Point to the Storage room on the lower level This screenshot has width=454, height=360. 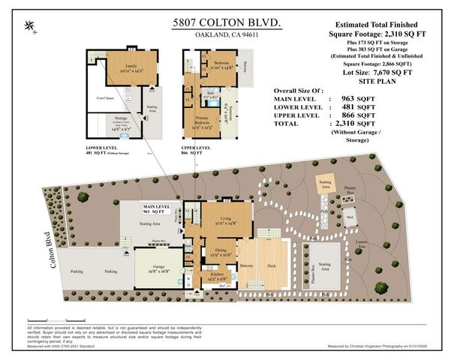pos(119,128)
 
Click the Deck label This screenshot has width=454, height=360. pos(273,265)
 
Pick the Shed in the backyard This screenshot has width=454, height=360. pos(350,217)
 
